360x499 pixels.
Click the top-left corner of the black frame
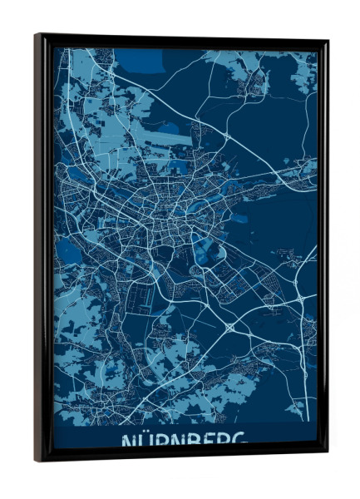click(x=36, y=35)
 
